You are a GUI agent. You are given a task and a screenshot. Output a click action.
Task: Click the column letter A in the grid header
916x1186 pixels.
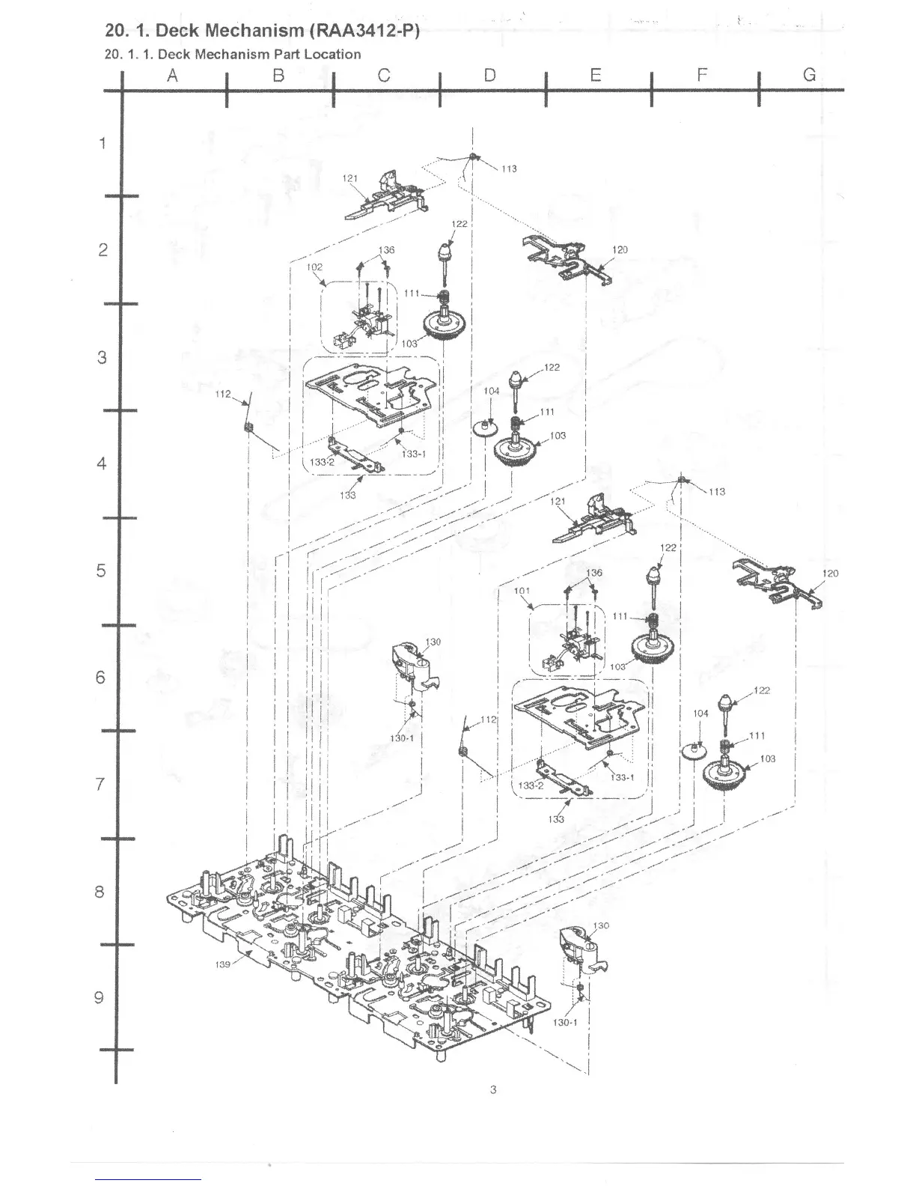[x=173, y=75]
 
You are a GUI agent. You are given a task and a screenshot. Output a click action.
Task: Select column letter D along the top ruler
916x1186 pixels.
[x=489, y=75]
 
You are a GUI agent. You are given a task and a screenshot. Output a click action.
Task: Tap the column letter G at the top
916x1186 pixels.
[x=809, y=75]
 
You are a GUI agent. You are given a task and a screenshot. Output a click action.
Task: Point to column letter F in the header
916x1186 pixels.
[x=702, y=75]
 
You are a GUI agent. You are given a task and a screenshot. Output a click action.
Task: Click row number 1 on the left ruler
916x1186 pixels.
[x=103, y=143]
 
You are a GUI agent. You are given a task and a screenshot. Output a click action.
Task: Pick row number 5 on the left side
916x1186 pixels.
[x=101, y=571]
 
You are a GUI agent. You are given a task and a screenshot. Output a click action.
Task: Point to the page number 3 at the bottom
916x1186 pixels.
[x=492, y=1089]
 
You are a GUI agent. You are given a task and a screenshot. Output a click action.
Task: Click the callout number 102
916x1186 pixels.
[x=314, y=267]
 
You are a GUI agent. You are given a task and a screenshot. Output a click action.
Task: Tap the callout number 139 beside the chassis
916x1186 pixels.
[x=223, y=964]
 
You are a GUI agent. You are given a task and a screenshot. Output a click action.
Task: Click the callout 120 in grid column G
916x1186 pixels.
[x=830, y=574]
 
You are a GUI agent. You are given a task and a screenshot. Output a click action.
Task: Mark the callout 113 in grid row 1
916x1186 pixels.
[x=509, y=168]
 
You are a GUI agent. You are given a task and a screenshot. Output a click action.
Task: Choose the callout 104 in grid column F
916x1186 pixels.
[x=700, y=714]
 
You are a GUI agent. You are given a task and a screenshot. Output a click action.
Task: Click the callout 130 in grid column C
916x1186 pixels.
[x=433, y=642]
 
